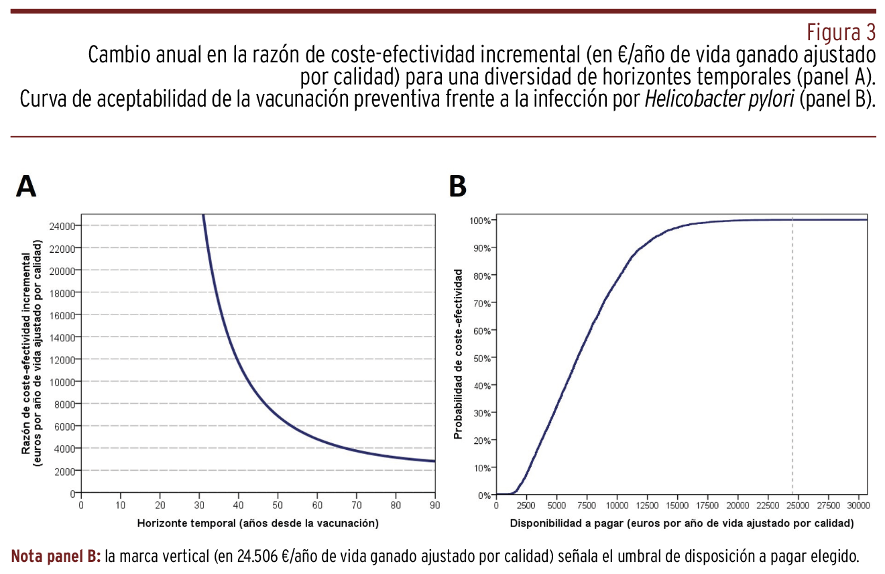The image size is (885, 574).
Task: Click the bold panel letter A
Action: pos(26,186)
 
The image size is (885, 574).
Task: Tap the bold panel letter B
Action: pos(457,186)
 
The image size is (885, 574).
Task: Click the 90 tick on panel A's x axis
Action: pos(434,505)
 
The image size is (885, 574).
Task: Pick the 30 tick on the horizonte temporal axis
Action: pos(199,505)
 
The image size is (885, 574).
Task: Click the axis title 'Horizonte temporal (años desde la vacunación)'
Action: pos(258,523)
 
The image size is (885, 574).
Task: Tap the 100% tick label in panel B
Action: pos(480,221)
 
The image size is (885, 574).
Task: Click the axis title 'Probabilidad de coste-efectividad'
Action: pos(459,354)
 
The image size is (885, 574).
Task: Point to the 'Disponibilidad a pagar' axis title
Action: pos(681,523)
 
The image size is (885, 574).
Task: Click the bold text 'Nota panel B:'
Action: pos(56,557)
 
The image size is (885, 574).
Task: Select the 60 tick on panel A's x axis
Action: pos(317,505)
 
